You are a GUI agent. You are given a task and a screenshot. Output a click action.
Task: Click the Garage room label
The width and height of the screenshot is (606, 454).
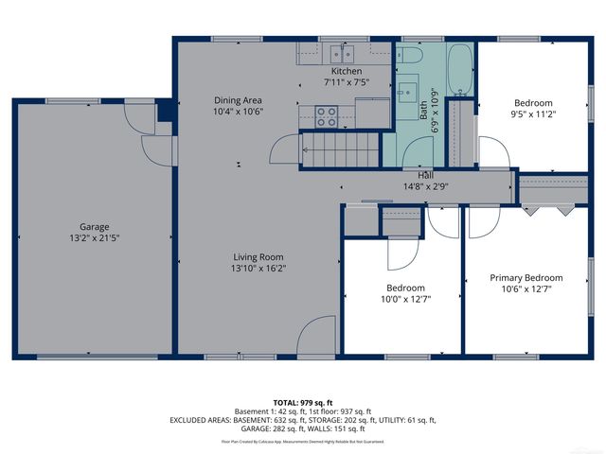tap(95, 227)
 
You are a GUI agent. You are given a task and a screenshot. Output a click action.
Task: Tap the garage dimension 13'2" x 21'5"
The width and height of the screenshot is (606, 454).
tap(95, 239)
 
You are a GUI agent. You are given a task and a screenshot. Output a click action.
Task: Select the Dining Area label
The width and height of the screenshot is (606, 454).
tap(238, 100)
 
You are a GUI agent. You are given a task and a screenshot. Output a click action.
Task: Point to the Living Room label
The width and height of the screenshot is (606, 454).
tap(259, 256)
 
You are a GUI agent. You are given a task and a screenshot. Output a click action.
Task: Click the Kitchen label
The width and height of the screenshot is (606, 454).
tap(346, 72)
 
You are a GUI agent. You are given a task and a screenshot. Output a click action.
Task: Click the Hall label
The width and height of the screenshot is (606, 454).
tap(426, 175)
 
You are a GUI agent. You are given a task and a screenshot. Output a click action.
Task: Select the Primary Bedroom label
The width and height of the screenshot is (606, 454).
tap(526, 278)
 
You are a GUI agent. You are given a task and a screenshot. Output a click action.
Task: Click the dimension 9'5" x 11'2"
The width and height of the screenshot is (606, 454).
tap(534, 115)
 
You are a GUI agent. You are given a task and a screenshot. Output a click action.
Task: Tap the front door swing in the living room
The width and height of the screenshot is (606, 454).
tap(315, 338)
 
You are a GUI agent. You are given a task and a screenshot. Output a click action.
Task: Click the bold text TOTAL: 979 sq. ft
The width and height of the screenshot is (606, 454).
tap(303, 403)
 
